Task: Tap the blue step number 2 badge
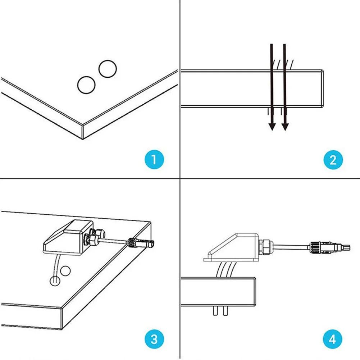333,159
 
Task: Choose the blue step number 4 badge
333,338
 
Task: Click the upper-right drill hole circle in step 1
108,68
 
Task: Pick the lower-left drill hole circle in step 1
86,85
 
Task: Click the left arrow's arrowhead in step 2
272,126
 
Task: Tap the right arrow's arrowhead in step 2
285,126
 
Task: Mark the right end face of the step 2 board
323,88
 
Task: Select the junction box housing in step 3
65,237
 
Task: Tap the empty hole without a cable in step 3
65,271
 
